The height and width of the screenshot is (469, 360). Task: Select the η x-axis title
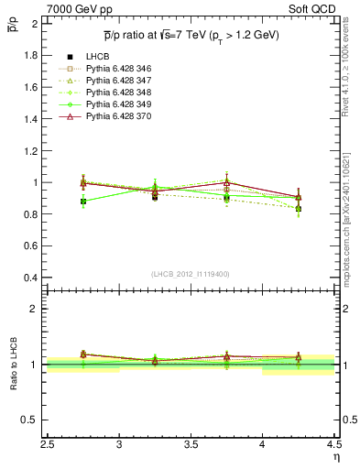click(335, 455)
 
